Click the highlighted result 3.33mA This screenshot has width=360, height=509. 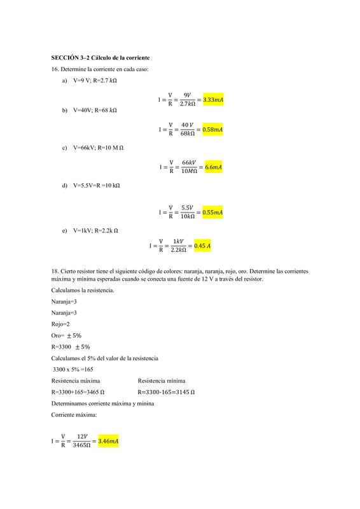click(213, 100)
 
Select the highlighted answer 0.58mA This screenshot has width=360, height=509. click(213, 130)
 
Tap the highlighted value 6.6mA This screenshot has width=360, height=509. click(213, 167)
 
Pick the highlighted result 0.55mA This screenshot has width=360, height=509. click(212, 212)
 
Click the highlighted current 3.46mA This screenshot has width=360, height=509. click(108, 441)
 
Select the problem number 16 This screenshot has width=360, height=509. click(55, 69)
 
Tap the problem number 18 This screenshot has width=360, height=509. click(55, 270)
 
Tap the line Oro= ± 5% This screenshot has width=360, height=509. click(66, 335)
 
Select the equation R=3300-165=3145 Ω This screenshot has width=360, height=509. click(166, 392)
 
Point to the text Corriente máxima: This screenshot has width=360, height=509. click(74, 415)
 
